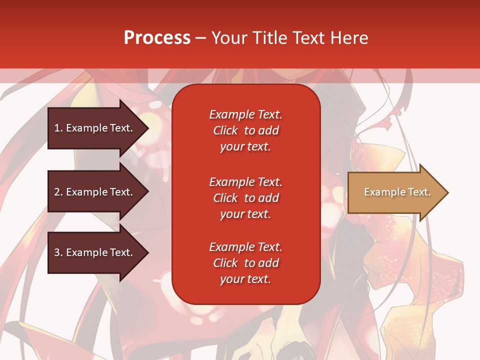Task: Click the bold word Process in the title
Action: pos(157,38)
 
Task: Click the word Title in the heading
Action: pos(268,38)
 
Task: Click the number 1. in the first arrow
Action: pos(58,128)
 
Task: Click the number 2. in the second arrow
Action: pos(58,192)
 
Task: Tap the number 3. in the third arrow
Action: pos(58,252)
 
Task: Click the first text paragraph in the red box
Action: pos(245,130)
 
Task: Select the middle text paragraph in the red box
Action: pos(245,198)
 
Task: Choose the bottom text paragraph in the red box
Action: pos(245,263)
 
